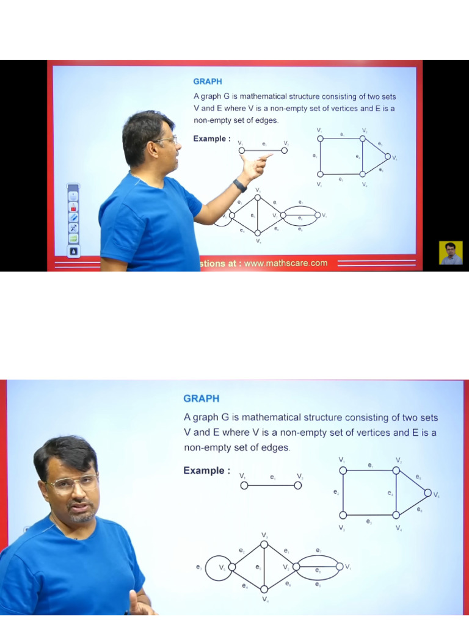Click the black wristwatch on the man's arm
point(240,186)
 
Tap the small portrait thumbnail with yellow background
point(451,253)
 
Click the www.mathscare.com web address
point(286,264)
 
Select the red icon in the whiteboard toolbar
point(73,207)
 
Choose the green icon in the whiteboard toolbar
point(73,238)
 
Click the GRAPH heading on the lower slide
point(201,399)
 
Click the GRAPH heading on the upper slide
point(208,81)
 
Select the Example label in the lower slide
point(206,471)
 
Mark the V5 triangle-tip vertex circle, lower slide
point(427,493)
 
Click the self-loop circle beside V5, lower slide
point(216,568)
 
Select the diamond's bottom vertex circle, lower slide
point(264,589)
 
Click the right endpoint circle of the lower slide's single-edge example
point(297,485)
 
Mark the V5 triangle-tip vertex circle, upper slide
point(387,156)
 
